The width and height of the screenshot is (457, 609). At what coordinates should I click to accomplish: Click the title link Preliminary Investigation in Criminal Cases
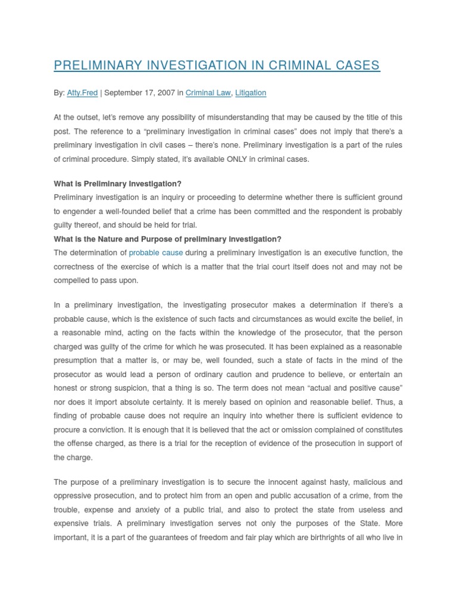[217, 65]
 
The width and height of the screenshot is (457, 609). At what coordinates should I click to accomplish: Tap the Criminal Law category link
[208, 93]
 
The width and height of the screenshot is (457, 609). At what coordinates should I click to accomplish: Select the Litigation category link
[251, 93]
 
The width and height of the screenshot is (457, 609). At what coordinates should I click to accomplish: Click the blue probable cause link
[156, 253]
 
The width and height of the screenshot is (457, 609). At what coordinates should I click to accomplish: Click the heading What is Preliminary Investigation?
[117, 184]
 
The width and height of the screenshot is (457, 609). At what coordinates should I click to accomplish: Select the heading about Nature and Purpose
[167, 239]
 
